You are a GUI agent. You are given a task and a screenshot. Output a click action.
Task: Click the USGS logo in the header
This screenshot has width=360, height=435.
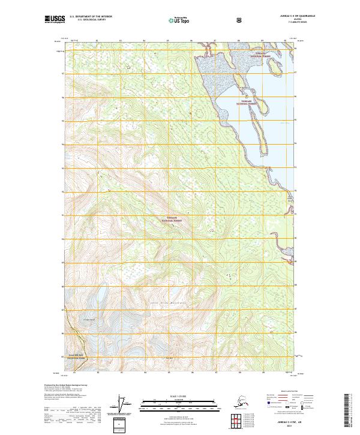point(55,20)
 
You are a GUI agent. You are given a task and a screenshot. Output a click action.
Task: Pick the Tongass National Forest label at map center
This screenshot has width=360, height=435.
point(172,220)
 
